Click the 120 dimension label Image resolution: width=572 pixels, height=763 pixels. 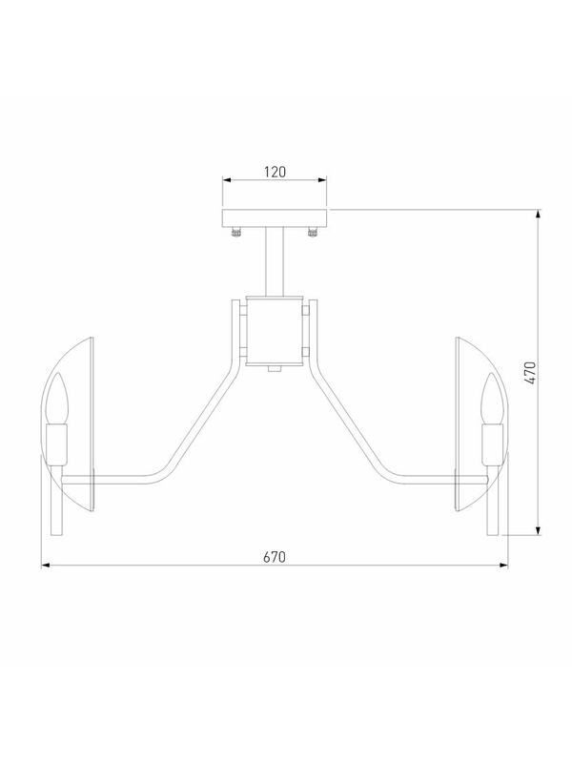coord(275,172)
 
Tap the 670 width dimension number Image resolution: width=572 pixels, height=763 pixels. coord(275,557)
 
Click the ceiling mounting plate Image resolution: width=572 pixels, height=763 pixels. coord(275,218)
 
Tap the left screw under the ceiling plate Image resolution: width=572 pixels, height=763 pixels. coord(236,232)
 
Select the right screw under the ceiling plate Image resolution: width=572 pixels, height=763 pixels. coord(313,232)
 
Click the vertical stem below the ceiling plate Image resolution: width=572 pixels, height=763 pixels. coord(275,261)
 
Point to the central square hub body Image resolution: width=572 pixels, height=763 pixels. coord(275,331)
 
